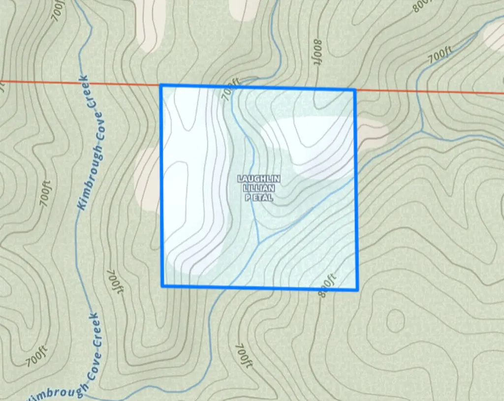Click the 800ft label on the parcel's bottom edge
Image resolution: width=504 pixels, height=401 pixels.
pyautogui.click(x=327, y=285)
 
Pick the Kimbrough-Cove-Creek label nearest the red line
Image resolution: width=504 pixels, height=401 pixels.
pyautogui.click(x=91, y=143)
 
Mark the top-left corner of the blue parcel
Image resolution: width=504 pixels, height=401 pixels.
pyautogui.click(x=161, y=86)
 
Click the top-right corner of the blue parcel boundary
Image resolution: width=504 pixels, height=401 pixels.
pyautogui.click(x=354, y=90)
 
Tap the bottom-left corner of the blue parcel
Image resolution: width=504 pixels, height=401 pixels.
pyautogui.click(x=162, y=285)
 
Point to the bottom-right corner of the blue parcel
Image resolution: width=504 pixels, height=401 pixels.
pyautogui.click(x=357, y=289)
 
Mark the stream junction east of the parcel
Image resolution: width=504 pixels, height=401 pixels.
pyautogui.click(x=422, y=131)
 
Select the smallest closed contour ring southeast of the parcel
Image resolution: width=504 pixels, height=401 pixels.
pyautogui.click(x=395, y=321)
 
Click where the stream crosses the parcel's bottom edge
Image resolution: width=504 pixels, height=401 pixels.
pyautogui.click(x=225, y=287)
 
